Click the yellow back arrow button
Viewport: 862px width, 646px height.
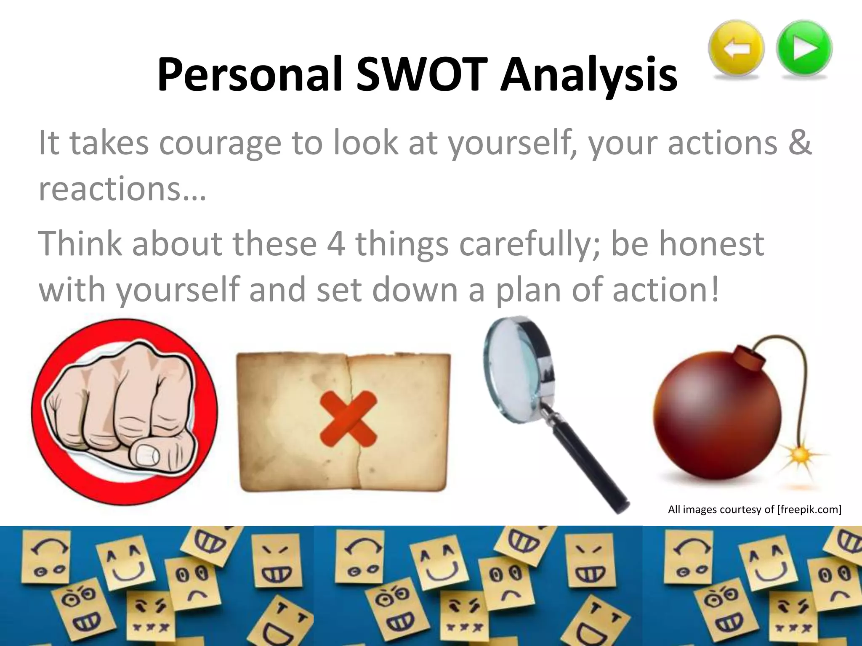[x=736, y=48]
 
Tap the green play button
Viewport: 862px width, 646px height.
[x=804, y=48]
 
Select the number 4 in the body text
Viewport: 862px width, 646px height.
[x=335, y=244]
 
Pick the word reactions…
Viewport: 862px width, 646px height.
[x=122, y=189]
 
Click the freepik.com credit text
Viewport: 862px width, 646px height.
[x=754, y=510]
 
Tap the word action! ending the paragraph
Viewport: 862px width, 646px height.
[x=665, y=290]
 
